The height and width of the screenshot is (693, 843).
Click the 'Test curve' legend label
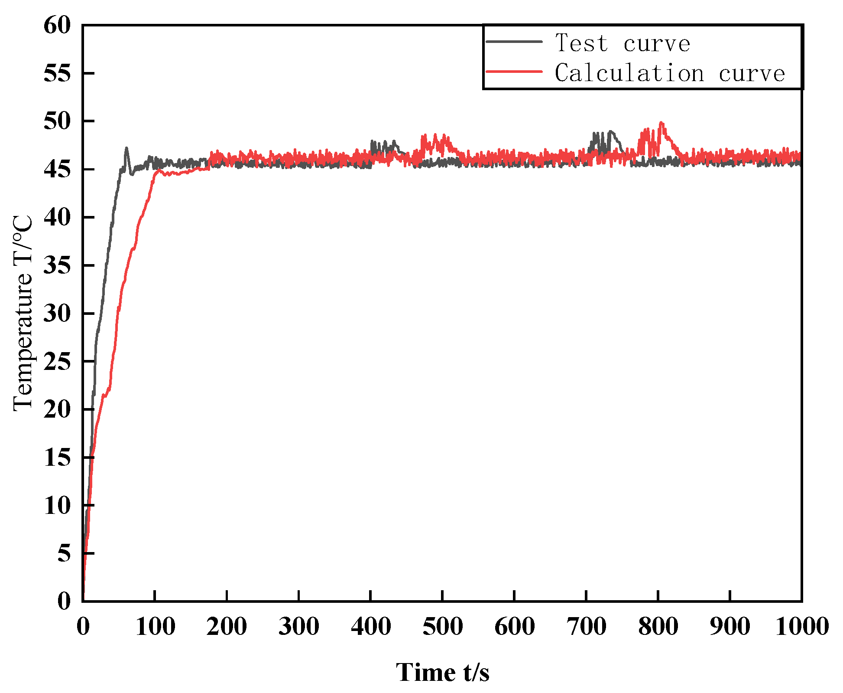pyautogui.click(x=623, y=43)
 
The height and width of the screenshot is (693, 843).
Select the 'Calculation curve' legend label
pyautogui.click(x=670, y=73)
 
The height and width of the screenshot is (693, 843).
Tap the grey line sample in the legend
pyautogui.click(x=514, y=42)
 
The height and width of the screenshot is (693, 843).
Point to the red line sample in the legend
pyautogui.click(x=514, y=71)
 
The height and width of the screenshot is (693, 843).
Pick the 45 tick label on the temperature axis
pyautogui.click(x=57, y=169)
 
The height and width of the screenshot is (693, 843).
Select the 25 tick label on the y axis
pyautogui.click(x=57, y=361)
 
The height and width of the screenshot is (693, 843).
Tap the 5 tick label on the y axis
pyautogui.click(x=64, y=553)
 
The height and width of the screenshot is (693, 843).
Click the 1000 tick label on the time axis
pyautogui.click(x=801, y=627)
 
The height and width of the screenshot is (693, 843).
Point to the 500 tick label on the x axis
pyautogui.click(x=442, y=627)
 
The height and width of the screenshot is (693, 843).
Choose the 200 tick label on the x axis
pyautogui.click(x=227, y=627)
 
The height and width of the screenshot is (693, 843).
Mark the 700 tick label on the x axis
pyautogui.click(x=586, y=627)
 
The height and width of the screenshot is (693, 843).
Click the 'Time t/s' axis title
pyautogui.click(x=442, y=672)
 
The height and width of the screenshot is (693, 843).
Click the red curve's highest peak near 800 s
pyautogui.click(x=661, y=123)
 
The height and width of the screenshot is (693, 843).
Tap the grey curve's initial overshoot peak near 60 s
pyautogui.click(x=126, y=148)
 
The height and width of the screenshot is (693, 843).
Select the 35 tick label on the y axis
pyautogui.click(x=57, y=265)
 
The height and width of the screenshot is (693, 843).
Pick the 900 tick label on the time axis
pyautogui.click(x=730, y=627)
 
